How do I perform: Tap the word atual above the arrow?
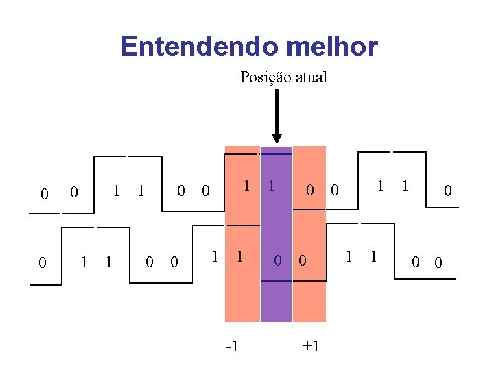[311, 77]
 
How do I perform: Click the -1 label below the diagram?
[233, 346]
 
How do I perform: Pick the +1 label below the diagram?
[311, 346]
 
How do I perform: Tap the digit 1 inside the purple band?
[272, 186]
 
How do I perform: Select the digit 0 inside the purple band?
[279, 260]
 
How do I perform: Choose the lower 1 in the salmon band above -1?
[240, 257]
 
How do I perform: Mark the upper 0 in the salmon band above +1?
[310, 190]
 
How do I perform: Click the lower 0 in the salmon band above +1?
[303, 260]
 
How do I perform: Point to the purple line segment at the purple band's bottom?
[277, 301]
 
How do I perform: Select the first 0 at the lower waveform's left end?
[43, 262]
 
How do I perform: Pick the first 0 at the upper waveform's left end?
[44, 195]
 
